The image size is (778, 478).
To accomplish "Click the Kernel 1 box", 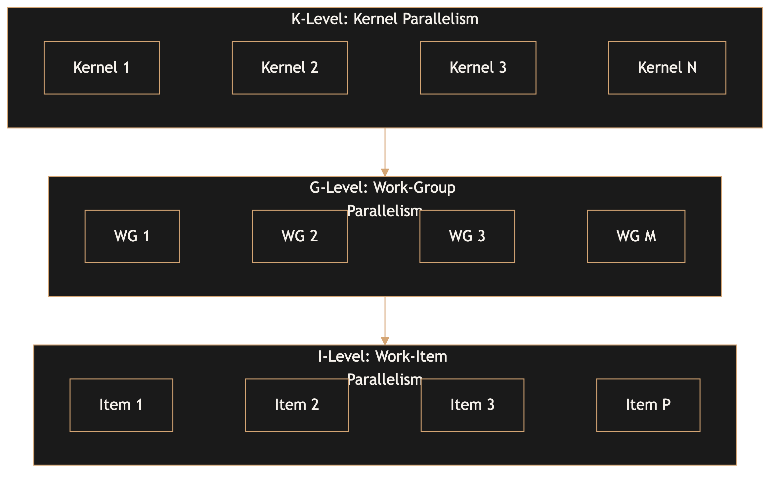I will [x=102, y=68].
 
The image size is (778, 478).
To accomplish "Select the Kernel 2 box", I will [x=290, y=68].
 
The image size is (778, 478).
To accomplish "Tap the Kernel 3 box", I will [x=478, y=68].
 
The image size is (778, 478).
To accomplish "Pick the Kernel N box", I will [x=667, y=68].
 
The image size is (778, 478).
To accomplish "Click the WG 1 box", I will [x=132, y=236].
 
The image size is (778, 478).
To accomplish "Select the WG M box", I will [x=636, y=236].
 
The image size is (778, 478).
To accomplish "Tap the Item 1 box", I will [x=121, y=405].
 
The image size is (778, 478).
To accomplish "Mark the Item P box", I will [x=648, y=405].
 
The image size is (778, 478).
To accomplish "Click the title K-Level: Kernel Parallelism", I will [x=385, y=19].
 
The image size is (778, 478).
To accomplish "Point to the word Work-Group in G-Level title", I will [x=414, y=188].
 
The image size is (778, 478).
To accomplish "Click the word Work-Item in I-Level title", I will [x=411, y=356].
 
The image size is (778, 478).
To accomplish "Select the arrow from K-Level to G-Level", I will [x=385, y=149].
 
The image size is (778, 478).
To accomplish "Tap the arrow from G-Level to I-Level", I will [x=385, y=317].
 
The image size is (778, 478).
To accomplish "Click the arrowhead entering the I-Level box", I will [x=385, y=341].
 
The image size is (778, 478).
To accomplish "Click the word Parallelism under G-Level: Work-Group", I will [x=384, y=211].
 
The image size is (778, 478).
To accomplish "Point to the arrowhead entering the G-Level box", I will [x=385, y=172].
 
